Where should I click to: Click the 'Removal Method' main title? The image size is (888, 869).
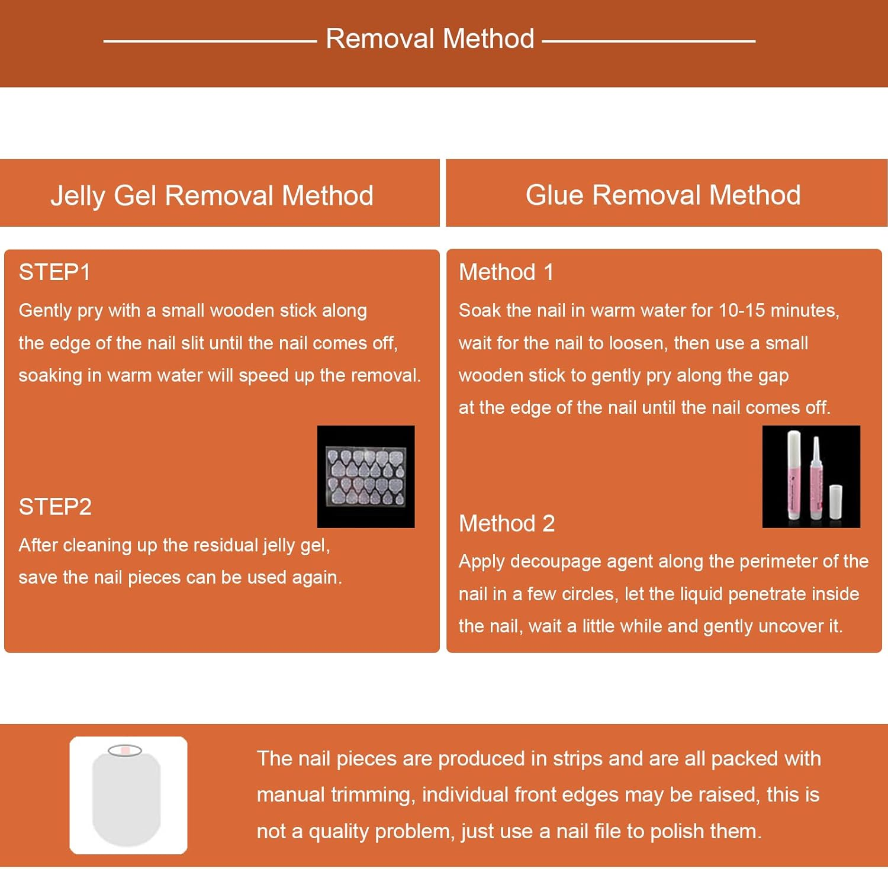[x=430, y=39]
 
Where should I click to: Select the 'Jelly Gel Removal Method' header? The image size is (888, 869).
[x=212, y=196]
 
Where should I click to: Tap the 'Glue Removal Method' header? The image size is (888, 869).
[x=663, y=195]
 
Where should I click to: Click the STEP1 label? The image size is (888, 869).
[x=54, y=272]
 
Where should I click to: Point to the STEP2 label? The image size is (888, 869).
[x=55, y=507]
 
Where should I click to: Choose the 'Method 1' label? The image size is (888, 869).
[x=506, y=272]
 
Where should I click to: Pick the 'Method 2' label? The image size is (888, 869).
[x=507, y=523]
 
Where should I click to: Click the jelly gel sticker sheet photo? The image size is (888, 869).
[x=366, y=477]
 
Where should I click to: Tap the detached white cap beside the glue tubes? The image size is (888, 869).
[x=835, y=501]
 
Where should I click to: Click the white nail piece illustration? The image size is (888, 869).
[x=127, y=795]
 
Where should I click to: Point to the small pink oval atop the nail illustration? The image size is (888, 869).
[x=125, y=751]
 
